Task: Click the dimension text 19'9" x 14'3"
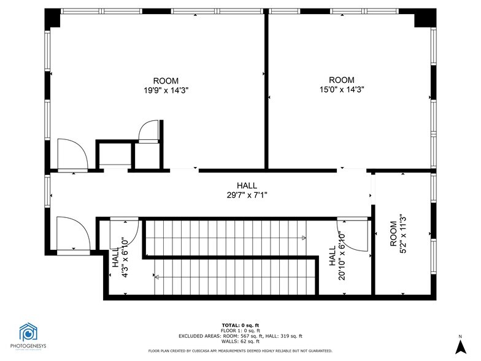coord(166,90)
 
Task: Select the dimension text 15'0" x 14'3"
coord(342,89)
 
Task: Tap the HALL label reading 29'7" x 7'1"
coord(247,195)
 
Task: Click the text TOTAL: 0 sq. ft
coord(240,325)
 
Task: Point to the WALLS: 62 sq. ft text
coord(240,341)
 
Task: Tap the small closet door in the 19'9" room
coord(148,131)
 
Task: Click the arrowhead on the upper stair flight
coord(304,238)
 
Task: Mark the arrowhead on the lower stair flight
coord(156,278)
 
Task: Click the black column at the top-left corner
coord(52,18)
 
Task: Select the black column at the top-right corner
coord(425,18)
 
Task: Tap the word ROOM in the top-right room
coord(342,80)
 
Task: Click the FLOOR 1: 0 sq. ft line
coord(240,330)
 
